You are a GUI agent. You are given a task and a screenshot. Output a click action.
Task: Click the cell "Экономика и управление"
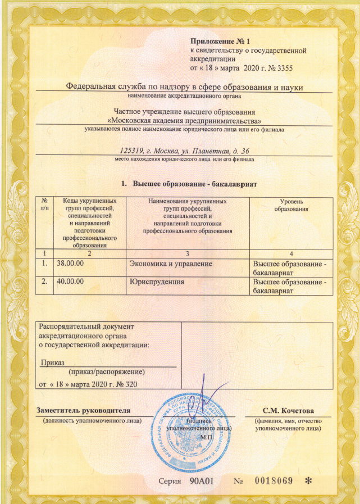pyautogui.click(x=170, y=263)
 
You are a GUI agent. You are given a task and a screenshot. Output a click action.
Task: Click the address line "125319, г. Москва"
pyautogui.click(x=185, y=151)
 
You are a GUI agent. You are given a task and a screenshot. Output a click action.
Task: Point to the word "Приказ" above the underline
pyautogui.click(x=53, y=362)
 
